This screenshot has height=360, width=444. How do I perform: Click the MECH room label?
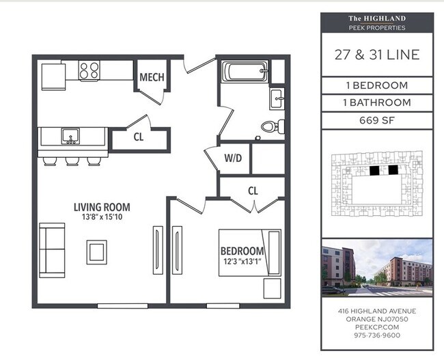tap(152, 77)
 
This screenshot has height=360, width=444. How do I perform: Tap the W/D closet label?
tap(233, 158)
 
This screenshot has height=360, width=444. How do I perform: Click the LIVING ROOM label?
tap(102, 207)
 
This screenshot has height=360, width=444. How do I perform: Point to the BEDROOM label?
tap(242, 251)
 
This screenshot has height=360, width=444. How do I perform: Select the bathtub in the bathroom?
tap(245, 71)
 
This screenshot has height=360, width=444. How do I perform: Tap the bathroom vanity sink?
tap(277, 99)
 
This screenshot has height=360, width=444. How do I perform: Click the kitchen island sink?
tap(70, 136)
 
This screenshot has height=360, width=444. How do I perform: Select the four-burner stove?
tap(89, 70)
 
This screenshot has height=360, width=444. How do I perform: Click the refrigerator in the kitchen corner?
tap(53, 77)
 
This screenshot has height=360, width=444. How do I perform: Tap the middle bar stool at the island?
tap(72, 161)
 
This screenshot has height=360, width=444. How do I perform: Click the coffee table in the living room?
tap(96, 252)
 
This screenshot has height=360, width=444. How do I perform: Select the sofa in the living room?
tap(52, 250)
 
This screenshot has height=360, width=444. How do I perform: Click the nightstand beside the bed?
tap(273, 288)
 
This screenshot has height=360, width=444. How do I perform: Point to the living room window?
tap(122, 306)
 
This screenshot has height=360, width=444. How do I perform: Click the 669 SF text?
tap(377, 120)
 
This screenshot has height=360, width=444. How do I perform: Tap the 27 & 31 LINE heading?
tap(377, 55)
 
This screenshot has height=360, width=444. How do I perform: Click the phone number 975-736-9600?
tap(377, 335)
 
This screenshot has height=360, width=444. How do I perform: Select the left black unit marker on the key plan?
tap(374, 170)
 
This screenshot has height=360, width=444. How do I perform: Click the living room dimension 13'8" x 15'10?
tap(102, 217)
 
